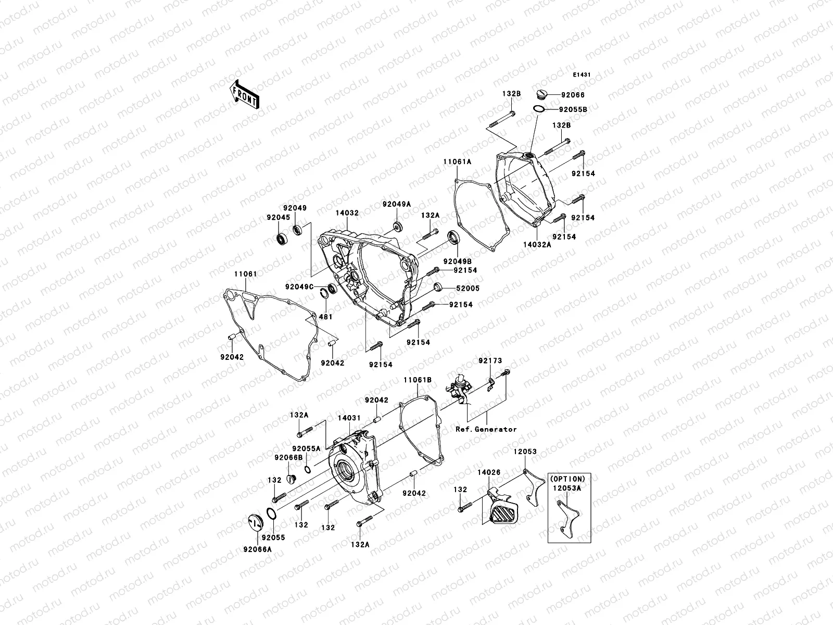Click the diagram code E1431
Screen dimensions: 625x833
pyautogui.click(x=582, y=75)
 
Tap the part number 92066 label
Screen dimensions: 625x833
pyautogui.click(x=573, y=95)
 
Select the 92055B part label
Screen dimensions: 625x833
pyautogui.click(x=573, y=110)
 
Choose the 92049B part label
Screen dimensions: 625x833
pyautogui.click(x=458, y=260)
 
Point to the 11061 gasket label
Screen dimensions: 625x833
pyautogui.click(x=245, y=274)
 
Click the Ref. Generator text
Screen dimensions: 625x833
pyautogui.click(x=486, y=429)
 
